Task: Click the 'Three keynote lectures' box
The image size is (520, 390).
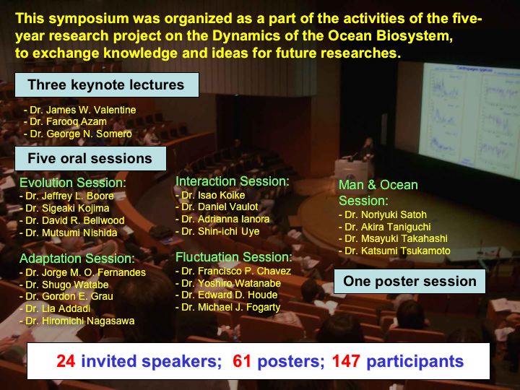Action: tap(107, 85)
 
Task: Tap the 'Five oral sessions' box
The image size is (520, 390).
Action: tap(90, 158)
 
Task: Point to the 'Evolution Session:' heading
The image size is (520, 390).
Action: tap(73, 183)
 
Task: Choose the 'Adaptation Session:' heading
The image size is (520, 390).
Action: tap(77, 259)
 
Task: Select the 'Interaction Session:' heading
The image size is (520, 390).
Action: tap(232, 181)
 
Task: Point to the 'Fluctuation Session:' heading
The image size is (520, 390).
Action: tap(234, 257)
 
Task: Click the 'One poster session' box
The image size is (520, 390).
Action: tap(409, 281)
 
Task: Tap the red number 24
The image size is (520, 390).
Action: tap(66, 361)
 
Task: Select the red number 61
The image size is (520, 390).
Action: tap(242, 361)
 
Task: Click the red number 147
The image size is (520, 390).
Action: tap(346, 361)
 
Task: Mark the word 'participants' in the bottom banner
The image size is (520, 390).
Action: tap(415, 362)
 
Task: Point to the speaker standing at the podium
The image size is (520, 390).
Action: tap(368, 150)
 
